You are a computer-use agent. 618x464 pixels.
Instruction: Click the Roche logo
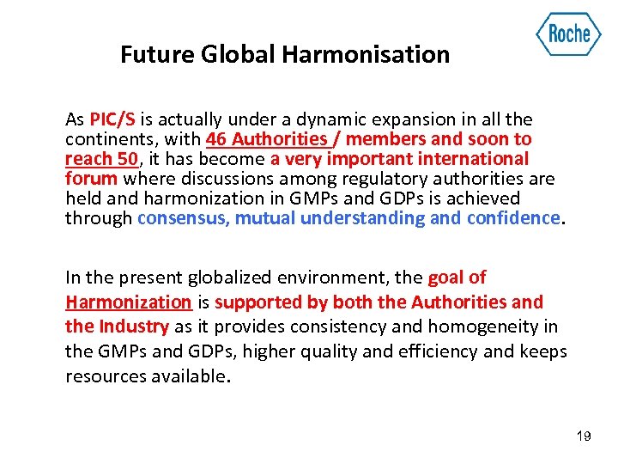(x=568, y=34)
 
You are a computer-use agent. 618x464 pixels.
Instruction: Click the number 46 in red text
(x=217, y=139)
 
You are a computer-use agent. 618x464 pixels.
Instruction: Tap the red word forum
(x=92, y=179)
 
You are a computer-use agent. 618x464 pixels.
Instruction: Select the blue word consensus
(x=183, y=218)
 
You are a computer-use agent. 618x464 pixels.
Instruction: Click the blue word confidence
(x=512, y=218)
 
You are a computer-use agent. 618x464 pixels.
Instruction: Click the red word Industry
(x=132, y=327)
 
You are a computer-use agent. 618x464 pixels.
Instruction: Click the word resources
(x=105, y=375)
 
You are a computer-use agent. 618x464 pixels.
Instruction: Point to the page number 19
(x=584, y=437)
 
